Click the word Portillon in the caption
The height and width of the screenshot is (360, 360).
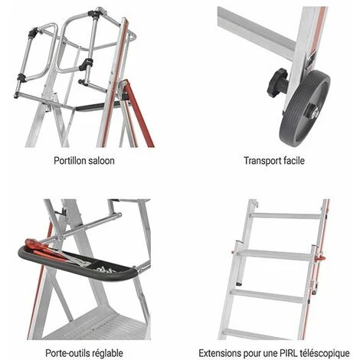[x=70, y=161]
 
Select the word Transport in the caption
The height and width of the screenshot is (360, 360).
[x=262, y=161]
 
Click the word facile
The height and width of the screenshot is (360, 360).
[x=294, y=161]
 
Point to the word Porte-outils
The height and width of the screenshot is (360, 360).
[x=67, y=353]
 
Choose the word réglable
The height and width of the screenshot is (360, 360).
[x=107, y=353]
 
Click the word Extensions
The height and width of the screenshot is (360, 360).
[x=220, y=353]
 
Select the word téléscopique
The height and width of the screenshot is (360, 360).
[x=325, y=354]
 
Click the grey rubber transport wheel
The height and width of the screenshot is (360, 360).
[x=305, y=108]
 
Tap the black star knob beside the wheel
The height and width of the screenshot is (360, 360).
[x=278, y=83]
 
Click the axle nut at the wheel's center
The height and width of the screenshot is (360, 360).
[x=313, y=113]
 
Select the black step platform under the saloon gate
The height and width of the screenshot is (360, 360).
[x=98, y=106]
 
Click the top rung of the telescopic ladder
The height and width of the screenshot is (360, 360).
[x=285, y=216]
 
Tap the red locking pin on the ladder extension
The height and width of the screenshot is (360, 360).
[x=321, y=259]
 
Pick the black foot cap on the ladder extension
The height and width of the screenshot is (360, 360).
[x=238, y=283]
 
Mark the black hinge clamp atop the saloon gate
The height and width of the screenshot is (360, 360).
[x=93, y=14]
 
